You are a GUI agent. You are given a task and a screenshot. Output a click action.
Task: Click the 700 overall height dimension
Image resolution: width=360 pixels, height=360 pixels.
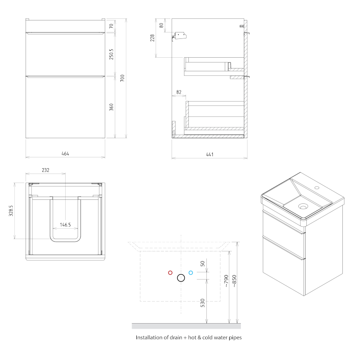tap(122, 78)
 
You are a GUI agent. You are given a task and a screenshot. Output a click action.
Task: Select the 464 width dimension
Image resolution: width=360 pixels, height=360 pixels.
tap(65, 153)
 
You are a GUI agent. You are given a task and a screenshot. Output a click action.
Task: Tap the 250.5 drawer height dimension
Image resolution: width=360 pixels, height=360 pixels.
tap(111, 54)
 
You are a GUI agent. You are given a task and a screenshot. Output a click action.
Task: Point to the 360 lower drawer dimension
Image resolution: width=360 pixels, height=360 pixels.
tap(111, 107)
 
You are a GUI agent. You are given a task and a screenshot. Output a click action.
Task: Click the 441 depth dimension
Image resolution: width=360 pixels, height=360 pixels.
tap(210, 155)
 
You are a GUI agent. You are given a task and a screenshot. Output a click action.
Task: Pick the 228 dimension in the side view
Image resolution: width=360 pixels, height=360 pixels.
tap(152, 38)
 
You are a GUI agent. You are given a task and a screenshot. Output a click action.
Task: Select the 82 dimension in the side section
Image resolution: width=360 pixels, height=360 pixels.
tap(179, 92)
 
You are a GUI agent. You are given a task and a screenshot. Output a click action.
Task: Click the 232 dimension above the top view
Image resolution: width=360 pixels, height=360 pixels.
tap(46, 170)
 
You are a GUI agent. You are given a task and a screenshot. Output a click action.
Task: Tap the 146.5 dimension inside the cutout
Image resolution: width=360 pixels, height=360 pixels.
tap(66, 225)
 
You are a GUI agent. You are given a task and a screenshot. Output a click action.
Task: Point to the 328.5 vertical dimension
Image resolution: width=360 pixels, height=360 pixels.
tap(11, 211)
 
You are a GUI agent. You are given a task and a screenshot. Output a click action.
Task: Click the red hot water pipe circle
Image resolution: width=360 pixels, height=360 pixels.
tap(170, 273)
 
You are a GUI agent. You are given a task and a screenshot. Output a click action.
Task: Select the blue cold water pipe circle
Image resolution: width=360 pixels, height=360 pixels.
tap(190, 273)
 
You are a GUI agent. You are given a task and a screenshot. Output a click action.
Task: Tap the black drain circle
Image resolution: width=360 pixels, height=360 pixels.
tap(181, 278)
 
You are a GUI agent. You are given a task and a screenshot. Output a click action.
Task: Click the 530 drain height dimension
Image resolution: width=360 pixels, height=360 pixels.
tap(202, 303)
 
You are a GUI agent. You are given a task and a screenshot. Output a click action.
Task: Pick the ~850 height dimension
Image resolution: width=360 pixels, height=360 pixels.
tap(234, 281)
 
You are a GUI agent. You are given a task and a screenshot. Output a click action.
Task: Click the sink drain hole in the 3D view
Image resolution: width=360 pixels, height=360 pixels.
tap(303, 206)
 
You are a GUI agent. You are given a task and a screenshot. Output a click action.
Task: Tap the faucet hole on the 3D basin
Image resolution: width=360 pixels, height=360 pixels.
tap(317, 187)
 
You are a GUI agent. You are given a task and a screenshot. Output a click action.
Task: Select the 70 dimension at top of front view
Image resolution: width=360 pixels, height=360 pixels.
tap(111, 26)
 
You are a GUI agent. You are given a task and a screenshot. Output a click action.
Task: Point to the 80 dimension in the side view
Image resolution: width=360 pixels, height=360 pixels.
tap(162, 25)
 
